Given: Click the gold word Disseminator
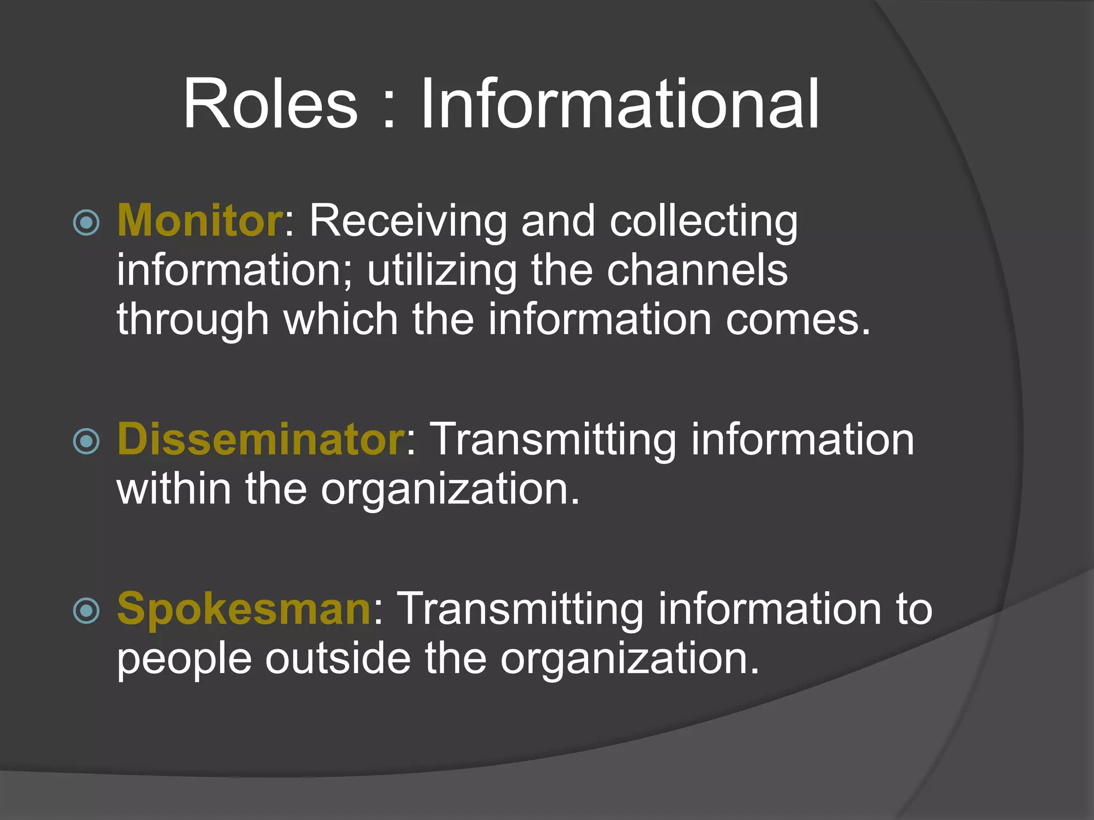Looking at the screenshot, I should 261,439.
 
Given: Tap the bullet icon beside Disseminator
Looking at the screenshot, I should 86,441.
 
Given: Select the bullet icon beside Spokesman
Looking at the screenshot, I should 86,610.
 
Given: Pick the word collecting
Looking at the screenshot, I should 704,220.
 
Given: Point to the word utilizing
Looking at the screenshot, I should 442,270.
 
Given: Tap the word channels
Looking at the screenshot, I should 697,270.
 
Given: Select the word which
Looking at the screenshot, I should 341,319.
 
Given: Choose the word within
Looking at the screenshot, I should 174,488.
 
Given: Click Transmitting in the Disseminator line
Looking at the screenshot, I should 555,439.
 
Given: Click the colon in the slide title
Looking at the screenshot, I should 389,110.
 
